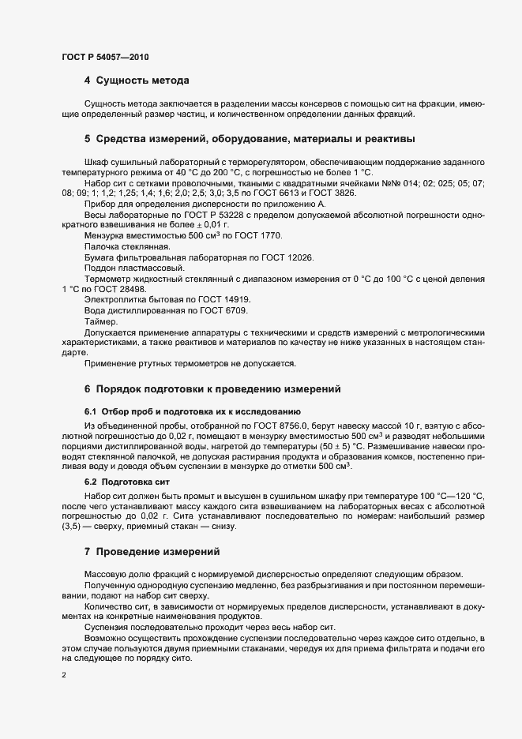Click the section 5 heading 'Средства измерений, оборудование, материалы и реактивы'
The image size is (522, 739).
[x=249, y=140]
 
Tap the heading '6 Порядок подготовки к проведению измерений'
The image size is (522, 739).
[x=212, y=389]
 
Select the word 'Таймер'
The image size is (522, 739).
[x=100, y=322]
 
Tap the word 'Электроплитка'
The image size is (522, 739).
[x=112, y=300]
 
